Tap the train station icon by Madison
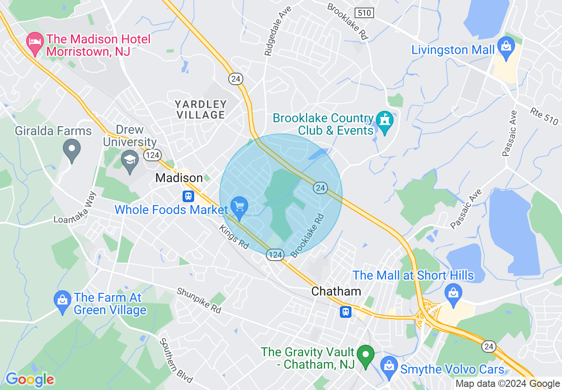tap(188, 195)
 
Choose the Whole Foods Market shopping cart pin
tap(240, 207)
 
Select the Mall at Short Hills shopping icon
tap(453, 295)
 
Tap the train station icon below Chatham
tap(346, 312)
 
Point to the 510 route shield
tap(364, 13)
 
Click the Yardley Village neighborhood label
tap(201, 110)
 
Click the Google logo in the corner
tap(30, 379)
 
